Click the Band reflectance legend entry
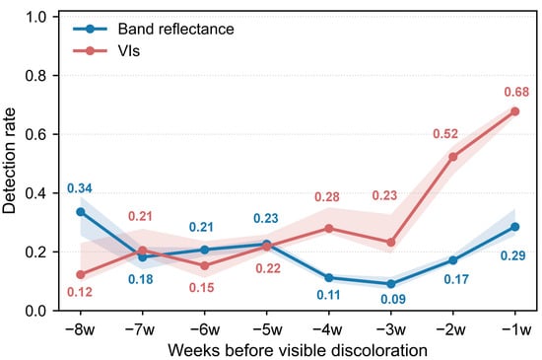tap(154, 29)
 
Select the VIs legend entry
tap(106, 51)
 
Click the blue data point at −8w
tap(81, 212)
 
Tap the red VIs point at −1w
tap(515, 111)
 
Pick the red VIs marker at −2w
tap(453, 157)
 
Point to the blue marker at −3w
tap(391, 284)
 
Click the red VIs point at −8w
tap(81, 275)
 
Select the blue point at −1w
tap(515, 227)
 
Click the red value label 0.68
tap(516, 92)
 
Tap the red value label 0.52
tap(445, 134)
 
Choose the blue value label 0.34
tap(80, 188)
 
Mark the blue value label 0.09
tap(393, 299)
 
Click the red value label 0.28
tap(327, 197)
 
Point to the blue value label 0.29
tap(513, 255)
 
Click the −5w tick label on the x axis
tap(267, 329)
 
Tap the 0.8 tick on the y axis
tap(35, 75)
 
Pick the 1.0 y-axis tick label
tap(35, 17)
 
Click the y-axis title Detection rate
tap(9, 161)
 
